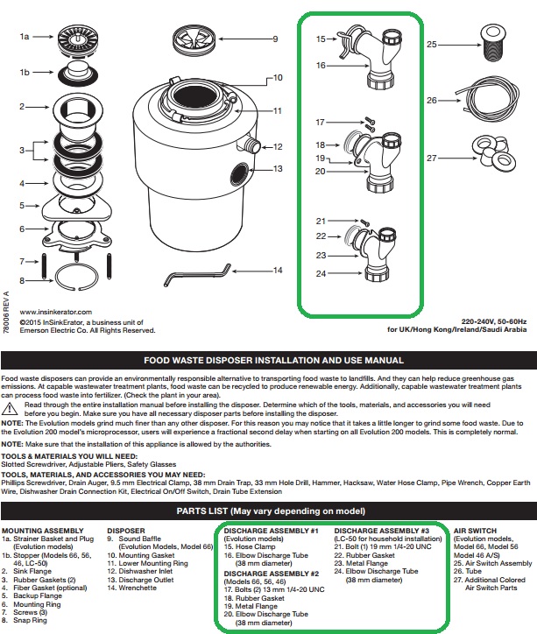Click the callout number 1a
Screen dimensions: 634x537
click(25, 38)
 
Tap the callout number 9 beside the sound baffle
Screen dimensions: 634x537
click(274, 39)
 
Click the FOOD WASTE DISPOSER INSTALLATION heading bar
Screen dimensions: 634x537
click(268, 361)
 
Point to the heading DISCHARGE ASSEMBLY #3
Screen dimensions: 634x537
click(381, 532)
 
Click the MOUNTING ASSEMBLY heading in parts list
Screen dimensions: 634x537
click(40, 532)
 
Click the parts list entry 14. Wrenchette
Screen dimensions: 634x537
click(138, 588)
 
